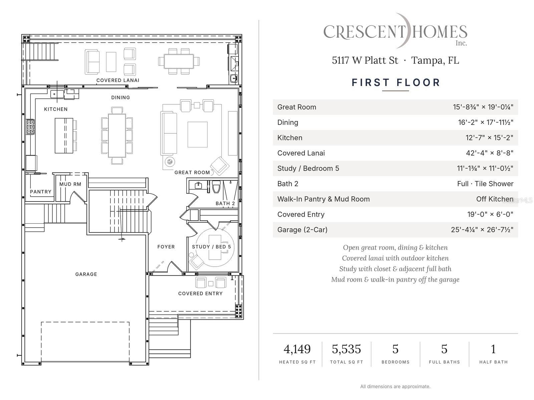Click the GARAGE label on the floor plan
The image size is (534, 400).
(x=86, y=274)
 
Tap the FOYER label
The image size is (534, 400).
(x=166, y=247)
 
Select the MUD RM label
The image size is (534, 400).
(x=70, y=184)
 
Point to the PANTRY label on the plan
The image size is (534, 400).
(x=41, y=192)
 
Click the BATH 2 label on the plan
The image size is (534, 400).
(x=225, y=203)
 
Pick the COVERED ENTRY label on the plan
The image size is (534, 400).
(x=200, y=293)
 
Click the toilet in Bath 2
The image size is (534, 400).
(x=216, y=187)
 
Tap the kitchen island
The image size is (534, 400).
(x=64, y=136)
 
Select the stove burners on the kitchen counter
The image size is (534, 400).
(x=30, y=127)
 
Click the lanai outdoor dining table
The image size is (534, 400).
(x=179, y=61)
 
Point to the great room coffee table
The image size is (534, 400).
(x=197, y=135)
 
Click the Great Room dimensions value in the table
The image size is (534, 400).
(x=483, y=107)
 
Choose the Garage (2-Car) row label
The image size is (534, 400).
(x=302, y=230)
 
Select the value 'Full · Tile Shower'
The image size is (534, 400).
(x=485, y=184)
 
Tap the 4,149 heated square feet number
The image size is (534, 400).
(x=297, y=349)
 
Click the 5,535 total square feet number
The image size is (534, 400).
(x=346, y=349)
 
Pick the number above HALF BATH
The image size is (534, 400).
(x=493, y=349)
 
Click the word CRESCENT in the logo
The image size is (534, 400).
(x=364, y=32)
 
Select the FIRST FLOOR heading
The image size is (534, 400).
(x=396, y=83)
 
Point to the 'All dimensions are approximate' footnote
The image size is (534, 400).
(x=395, y=386)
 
